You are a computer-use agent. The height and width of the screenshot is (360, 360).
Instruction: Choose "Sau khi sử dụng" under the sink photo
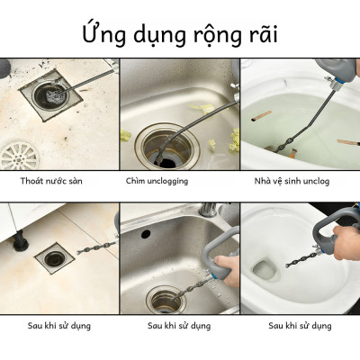(x=179, y=325)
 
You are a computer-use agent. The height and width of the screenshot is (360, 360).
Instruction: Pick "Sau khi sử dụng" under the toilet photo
(x=300, y=325)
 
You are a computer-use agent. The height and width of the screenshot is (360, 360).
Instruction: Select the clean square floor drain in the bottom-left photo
(x=55, y=258)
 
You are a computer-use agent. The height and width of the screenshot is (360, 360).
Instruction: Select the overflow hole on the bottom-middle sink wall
(x=147, y=233)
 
